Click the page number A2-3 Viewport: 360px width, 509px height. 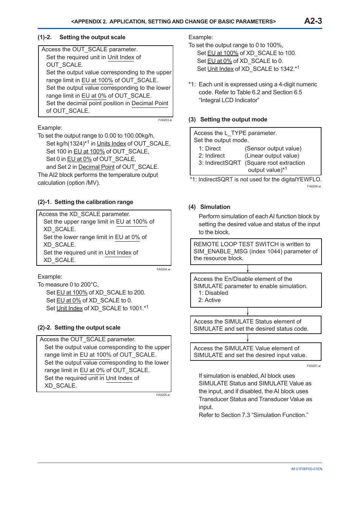313,21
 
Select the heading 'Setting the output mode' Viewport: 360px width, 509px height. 233,120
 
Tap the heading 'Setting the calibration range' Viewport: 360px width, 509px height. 93,202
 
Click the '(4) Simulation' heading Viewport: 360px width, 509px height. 209,207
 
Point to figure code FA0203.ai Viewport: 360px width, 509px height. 165,120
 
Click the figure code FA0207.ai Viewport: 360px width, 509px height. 314,366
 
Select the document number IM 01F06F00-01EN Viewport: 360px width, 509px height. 306,469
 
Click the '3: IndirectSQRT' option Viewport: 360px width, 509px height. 219,163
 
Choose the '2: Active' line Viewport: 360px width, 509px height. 209,300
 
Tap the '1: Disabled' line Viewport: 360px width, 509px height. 213,293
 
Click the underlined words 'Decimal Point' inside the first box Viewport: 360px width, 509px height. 150,103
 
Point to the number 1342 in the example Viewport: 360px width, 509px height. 286,69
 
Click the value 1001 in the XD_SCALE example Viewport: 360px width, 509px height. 135,308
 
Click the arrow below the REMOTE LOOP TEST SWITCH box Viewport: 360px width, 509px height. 248,269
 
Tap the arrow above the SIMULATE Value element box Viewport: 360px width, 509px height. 248,338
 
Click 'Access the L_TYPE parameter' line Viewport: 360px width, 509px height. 235,133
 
